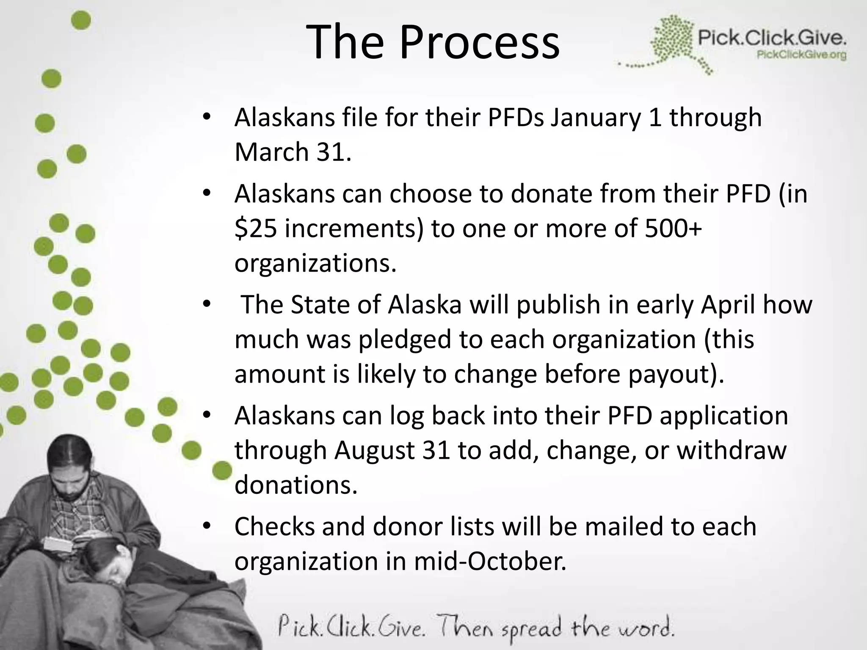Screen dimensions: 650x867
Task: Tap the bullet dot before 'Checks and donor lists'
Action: coord(206,526)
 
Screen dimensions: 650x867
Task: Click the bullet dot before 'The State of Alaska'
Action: coord(206,304)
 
